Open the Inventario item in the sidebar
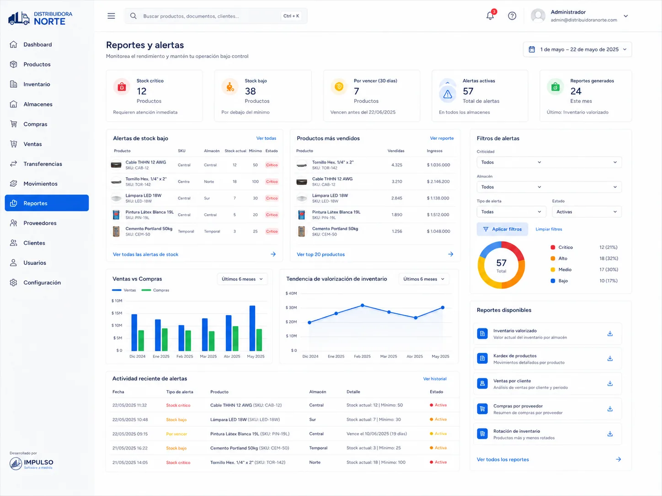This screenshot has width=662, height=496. tap(37, 84)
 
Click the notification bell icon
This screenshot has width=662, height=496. tap(490, 16)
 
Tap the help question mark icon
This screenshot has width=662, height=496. tap(512, 16)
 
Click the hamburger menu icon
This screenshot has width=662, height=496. tap(111, 16)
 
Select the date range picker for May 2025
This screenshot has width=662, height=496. tap(577, 49)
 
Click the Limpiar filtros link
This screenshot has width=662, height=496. tap(549, 229)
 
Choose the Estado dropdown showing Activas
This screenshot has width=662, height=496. tap(587, 212)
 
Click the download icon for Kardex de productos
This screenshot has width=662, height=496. tap(610, 359)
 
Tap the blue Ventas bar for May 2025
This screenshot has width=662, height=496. tap(252, 328)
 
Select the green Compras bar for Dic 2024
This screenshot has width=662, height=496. tap(141, 341)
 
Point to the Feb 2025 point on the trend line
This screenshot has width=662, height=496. tap(363, 306)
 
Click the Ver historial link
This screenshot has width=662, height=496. tap(435, 379)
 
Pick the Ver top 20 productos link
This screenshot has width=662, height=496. tap(320, 254)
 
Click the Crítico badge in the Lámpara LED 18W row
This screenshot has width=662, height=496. tap(272, 198)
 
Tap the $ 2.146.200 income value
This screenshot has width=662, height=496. tap(438, 182)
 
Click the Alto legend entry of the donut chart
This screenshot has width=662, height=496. tap(563, 259)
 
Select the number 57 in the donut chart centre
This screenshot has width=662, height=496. tap(501, 263)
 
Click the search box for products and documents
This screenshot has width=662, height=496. tap(216, 16)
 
